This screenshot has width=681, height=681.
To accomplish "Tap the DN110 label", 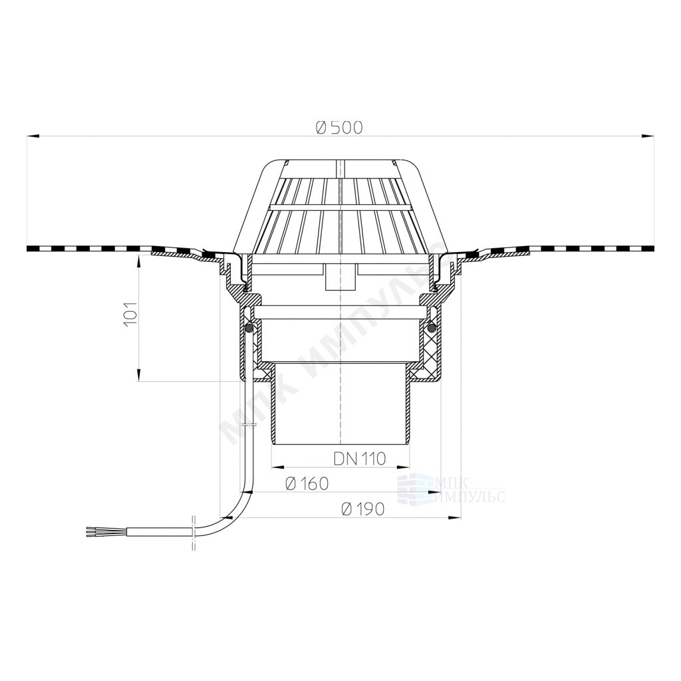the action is point(360,458).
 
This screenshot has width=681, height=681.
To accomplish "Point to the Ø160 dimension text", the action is point(307,483).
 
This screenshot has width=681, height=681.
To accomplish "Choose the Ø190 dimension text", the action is point(363,509).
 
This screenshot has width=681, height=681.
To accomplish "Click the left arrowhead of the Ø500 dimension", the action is point(33,136).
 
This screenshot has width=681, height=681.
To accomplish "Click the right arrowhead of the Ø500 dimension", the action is point(648,136).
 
